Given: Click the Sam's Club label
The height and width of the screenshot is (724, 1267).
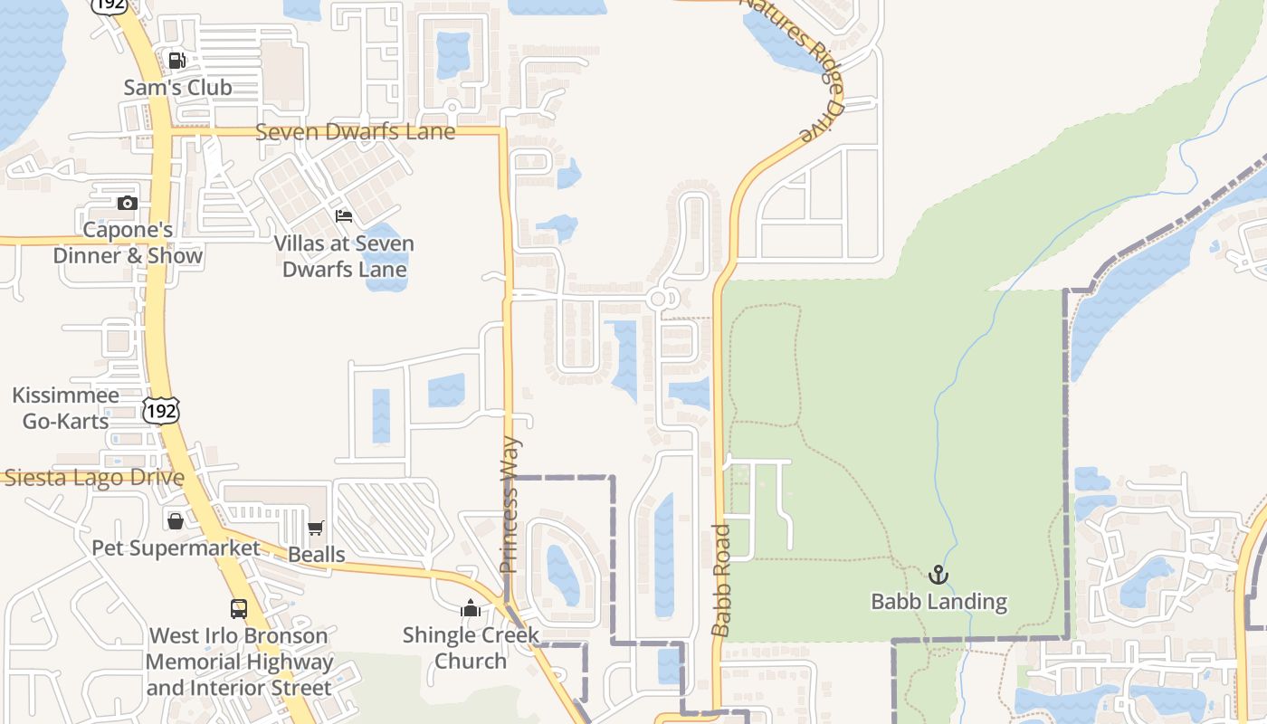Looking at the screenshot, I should click(x=177, y=88).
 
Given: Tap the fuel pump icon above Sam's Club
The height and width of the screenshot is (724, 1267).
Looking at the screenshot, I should click(x=177, y=61).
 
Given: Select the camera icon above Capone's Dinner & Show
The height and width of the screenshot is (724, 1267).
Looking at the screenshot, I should click(x=128, y=203).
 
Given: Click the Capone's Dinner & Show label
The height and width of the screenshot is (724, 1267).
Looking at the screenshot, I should click(x=128, y=243).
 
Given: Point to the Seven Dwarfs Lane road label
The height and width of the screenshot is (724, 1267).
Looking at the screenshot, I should click(x=355, y=132).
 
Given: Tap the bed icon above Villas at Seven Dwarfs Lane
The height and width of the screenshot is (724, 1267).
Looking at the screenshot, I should click(x=344, y=215).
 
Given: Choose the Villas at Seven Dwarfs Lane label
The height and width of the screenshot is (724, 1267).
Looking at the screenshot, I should click(x=344, y=256).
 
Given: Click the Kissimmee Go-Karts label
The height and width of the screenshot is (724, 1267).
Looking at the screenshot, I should click(x=65, y=408).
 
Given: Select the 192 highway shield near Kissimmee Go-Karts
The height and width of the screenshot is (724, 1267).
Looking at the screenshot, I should click(x=161, y=411).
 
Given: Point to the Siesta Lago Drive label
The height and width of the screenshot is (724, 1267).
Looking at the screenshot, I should click(x=94, y=478).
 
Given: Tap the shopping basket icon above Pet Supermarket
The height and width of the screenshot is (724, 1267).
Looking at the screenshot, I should click(x=176, y=521).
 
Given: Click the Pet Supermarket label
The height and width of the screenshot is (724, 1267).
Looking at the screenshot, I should click(x=176, y=548).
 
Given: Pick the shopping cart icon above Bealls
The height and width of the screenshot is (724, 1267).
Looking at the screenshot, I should click(x=316, y=528).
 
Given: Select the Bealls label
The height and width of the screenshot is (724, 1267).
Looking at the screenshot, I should click(x=316, y=554).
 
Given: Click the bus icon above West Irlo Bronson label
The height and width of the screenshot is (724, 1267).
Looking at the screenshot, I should click(x=239, y=608).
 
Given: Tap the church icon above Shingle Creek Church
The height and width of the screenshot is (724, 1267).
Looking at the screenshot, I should click(x=470, y=608).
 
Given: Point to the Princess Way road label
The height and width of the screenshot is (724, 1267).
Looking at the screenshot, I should click(x=510, y=505).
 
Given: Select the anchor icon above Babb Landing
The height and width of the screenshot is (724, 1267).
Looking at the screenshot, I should click(x=938, y=575).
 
